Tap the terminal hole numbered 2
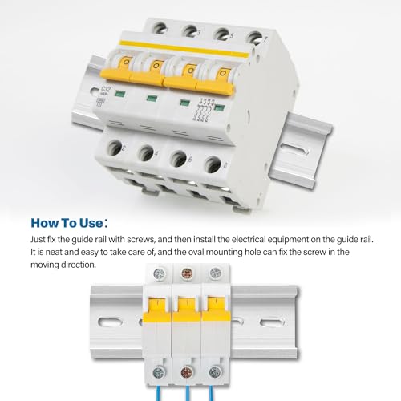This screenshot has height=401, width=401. tap(115, 148)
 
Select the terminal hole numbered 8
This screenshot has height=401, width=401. tap(213, 164)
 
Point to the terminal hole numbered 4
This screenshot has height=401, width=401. tap(146, 153)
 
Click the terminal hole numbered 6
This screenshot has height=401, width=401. tap(179, 159)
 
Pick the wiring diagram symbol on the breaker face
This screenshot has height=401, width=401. tap(205, 111)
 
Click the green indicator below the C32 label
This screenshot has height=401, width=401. tap(120, 94)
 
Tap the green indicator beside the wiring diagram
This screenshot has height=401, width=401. tap(220, 108)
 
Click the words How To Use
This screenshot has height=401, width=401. tap(67, 223)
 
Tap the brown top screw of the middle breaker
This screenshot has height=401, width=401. tap(187, 273)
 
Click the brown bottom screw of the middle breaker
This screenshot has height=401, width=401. tap(187, 372)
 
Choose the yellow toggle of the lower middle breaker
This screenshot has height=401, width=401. tap(187, 310)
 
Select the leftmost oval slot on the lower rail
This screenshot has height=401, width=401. tap(111, 322)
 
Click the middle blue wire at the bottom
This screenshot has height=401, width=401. tap(187, 393)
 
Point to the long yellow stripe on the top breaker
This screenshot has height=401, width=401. tap(184, 49)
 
